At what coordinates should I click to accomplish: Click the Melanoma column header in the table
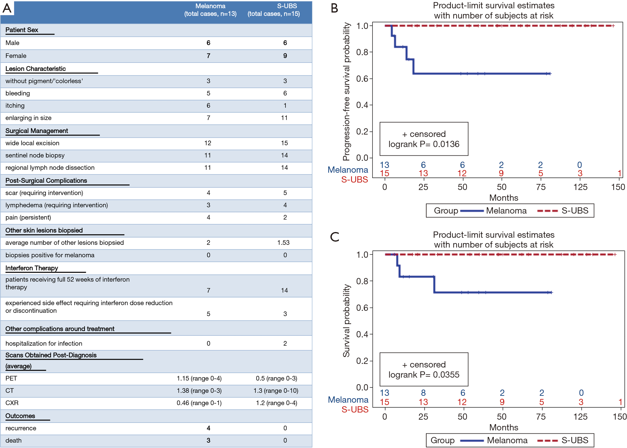tap(210, 10)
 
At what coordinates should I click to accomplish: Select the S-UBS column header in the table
tap(274, 10)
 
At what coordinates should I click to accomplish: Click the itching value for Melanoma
tap(209, 106)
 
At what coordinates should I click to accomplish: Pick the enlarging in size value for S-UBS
tap(284, 118)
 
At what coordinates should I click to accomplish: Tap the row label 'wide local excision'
tap(32, 143)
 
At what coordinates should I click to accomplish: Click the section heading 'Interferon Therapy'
tap(32, 268)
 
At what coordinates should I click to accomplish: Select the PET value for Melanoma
tap(199, 378)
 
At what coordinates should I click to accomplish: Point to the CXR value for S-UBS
tap(277, 403)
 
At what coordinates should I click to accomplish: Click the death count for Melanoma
tap(209, 440)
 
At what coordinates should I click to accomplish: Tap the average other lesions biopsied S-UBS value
tap(283, 242)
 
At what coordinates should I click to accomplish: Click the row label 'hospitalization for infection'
tap(44, 343)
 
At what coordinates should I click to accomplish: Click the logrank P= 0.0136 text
tap(424, 144)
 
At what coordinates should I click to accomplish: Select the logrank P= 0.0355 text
tap(424, 375)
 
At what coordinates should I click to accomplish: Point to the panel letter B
tap(334, 8)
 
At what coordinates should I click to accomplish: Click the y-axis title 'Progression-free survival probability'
tap(346, 92)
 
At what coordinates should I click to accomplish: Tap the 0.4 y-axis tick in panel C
tap(362, 334)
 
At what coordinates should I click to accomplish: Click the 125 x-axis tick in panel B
tap(580, 187)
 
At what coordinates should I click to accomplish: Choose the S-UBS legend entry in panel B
tap(563, 211)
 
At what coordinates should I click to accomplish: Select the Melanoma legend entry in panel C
tap(494, 440)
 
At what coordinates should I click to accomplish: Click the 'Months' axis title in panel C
tap(504, 427)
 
